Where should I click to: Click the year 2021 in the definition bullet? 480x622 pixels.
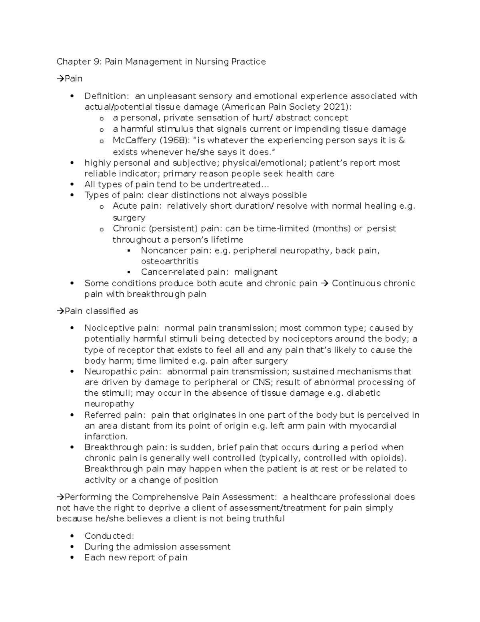[337, 107]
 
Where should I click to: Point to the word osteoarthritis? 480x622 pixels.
[170, 261]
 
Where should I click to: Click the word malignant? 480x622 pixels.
[256, 272]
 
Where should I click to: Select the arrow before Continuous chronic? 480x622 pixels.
[324, 283]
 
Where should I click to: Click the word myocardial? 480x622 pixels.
[373, 426]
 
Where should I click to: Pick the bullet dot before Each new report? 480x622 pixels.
[72, 558]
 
